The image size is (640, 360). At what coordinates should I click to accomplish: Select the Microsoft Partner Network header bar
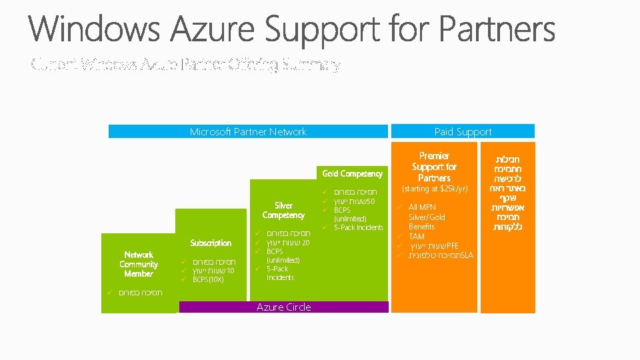coord(248,132)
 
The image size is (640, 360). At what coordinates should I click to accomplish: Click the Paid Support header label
coord(463,132)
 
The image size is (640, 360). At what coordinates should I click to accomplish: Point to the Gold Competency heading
coord(352,174)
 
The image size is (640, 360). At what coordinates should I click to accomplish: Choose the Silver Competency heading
coord(283,211)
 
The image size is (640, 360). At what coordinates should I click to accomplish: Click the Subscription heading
coord(211,243)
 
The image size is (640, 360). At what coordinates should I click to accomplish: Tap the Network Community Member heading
coord(139,264)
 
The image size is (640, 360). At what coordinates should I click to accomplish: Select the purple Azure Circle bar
coord(283,307)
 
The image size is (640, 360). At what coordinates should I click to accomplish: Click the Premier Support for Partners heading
coord(434,167)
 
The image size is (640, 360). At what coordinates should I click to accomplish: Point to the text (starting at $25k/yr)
coord(434,189)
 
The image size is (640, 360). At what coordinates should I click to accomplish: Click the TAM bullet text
coord(416,237)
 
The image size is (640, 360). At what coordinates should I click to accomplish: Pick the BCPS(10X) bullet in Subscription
coord(208,279)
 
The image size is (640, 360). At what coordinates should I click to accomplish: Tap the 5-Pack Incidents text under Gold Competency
coord(359,227)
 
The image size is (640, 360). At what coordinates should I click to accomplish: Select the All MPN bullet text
coord(422,207)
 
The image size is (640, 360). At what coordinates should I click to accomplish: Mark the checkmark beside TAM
coord(398,237)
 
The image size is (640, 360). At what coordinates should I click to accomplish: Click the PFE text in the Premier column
coord(452,246)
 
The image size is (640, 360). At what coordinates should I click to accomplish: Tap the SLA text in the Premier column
coord(467,255)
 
